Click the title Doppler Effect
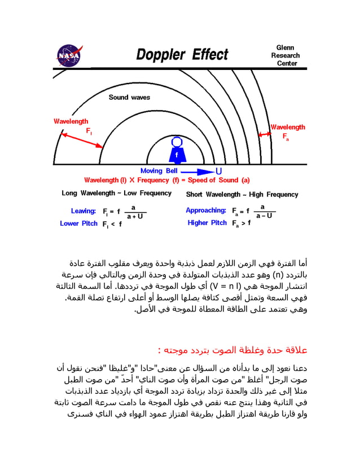pyautogui.click(x=182, y=55)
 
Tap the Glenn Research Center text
pyautogui.click(x=286, y=55)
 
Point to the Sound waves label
pyautogui.click(x=129, y=98)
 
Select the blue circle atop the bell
pyautogui.click(x=177, y=142)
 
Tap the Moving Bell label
pyautogui.click(x=159, y=171)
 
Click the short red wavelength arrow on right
pyautogui.click(x=264, y=134)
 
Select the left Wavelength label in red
pyautogui.click(x=71, y=121)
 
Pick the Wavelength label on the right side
pyautogui.click(x=288, y=127)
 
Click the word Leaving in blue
pyautogui.click(x=83, y=211)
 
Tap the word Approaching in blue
pyautogui.click(x=206, y=210)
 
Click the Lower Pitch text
pyautogui.click(x=78, y=223)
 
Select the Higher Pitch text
pyautogui.click(x=207, y=223)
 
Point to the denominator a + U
pyautogui.click(x=134, y=216)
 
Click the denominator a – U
pyautogui.click(x=263, y=216)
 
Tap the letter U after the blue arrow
pyautogui.click(x=219, y=171)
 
